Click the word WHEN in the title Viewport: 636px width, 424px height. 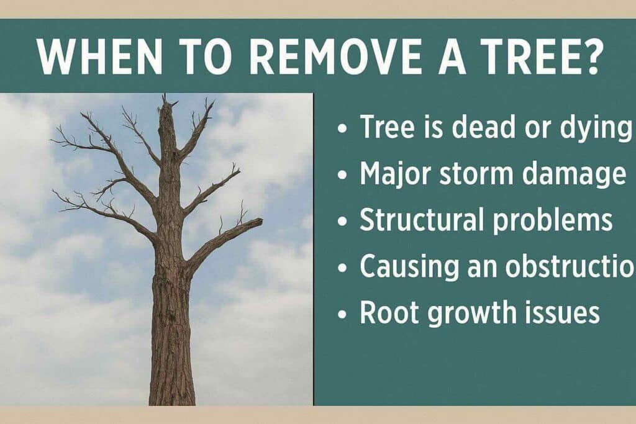100,56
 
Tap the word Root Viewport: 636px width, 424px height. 388,312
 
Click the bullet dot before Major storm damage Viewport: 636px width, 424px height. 343,176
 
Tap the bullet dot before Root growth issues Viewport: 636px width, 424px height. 343,314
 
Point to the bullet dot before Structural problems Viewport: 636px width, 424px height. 343,222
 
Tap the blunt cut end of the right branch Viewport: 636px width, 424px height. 260,222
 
